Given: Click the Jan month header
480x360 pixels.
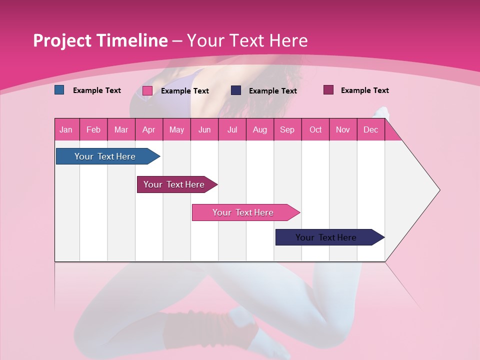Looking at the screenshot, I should pyautogui.click(x=66, y=129).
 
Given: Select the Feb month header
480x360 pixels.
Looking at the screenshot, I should pyautogui.click(x=93, y=129).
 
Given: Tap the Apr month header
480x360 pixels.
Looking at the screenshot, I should pyautogui.click(x=148, y=129).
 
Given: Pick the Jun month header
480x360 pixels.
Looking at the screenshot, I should pyautogui.click(x=204, y=129).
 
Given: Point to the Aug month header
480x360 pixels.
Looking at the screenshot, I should pyautogui.click(x=259, y=129).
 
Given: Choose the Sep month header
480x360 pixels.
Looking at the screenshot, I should pyautogui.click(x=287, y=129).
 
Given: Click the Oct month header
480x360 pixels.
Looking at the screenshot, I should pyautogui.click(x=315, y=129).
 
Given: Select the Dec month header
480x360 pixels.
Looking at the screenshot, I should pyautogui.click(x=370, y=129).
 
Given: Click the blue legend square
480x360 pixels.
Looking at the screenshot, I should pyautogui.click(x=59, y=90).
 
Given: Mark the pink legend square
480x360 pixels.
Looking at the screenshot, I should pyautogui.click(x=147, y=90).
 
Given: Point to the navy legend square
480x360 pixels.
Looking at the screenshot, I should pyautogui.click(x=236, y=90).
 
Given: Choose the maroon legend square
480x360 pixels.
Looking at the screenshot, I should pyautogui.click(x=328, y=90).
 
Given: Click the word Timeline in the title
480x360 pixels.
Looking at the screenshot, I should pyautogui.click(x=131, y=40).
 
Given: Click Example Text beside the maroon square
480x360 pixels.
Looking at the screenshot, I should pyautogui.click(x=364, y=90).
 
